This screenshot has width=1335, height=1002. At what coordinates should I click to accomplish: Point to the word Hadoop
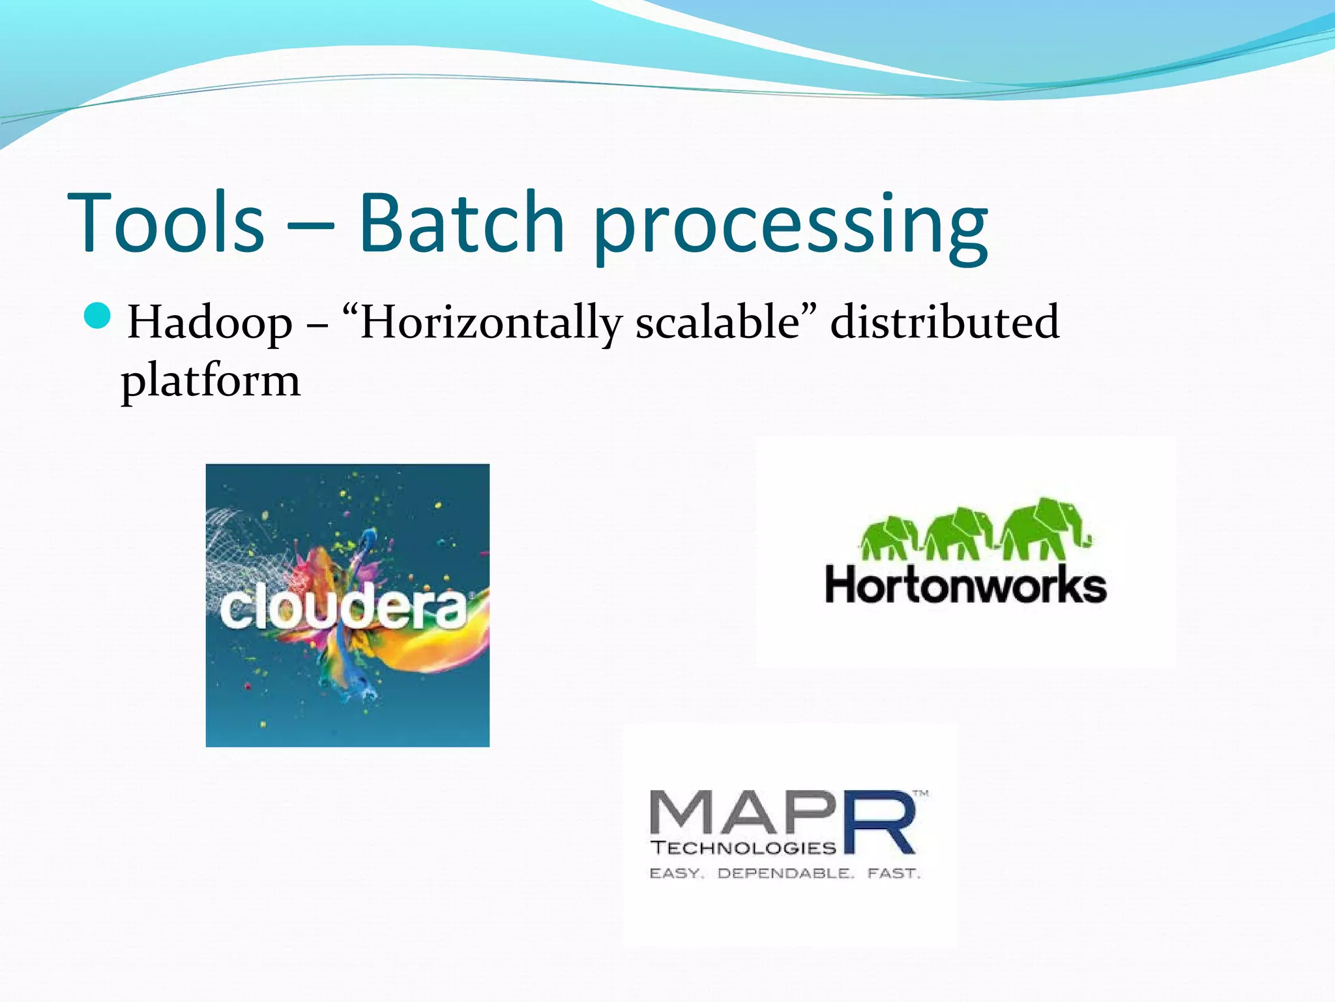point(209,323)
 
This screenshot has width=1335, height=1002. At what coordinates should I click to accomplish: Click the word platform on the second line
point(211,381)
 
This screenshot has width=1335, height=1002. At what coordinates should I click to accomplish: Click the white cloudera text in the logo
point(344,609)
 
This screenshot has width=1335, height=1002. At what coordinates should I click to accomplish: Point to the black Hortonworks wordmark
point(965,584)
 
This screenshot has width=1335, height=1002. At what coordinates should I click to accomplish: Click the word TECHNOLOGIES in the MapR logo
point(743,848)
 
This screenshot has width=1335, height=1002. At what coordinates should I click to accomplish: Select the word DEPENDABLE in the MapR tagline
point(785,873)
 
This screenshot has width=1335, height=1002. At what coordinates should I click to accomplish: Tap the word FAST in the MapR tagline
point(893,873)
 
